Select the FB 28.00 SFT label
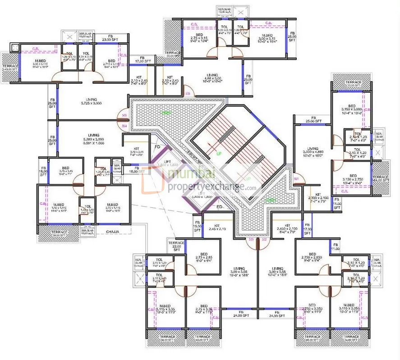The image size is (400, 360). pyautogui.click(x=292, y=36)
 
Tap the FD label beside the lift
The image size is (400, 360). pyautogui.click(x=157, y=147)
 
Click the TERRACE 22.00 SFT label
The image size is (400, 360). pyautogui.click(x=176, y=245)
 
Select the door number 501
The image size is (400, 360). pyautogui.click(x=296, y=179)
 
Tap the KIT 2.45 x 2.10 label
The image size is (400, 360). pyautogui.click(x=217, y=228)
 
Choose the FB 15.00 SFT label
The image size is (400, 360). pyautogui.click(x=197, y=228)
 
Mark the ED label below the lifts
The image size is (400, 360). pyautogui.click(x=220, y=207)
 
